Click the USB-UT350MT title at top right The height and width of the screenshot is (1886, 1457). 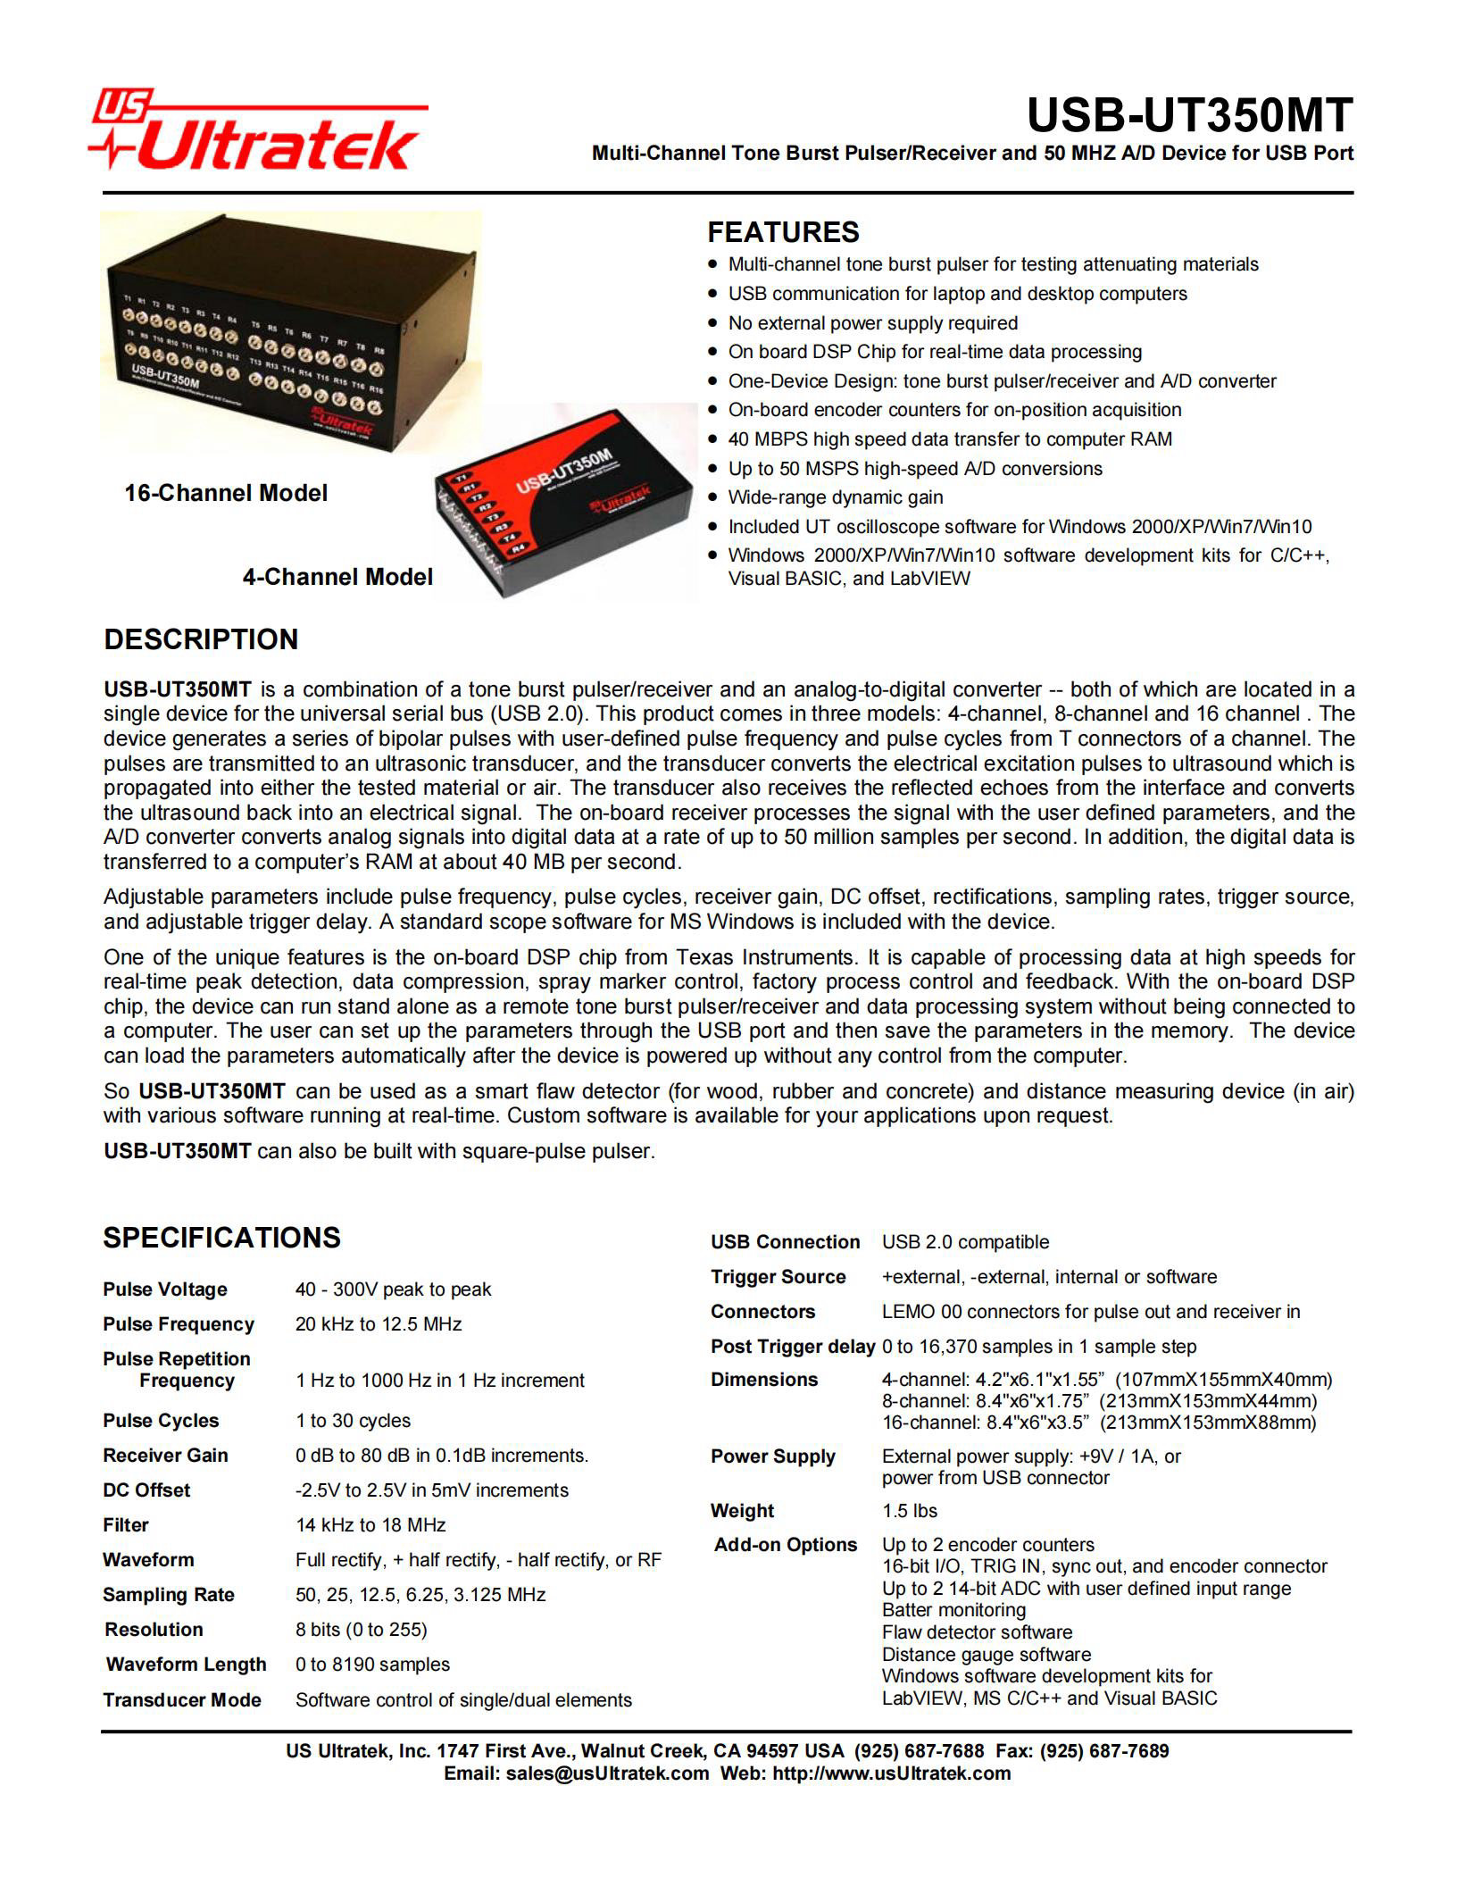tap(1190, 115)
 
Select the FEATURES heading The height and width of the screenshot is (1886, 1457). tap(783, 232)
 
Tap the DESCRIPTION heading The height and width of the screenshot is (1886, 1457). tap(201, 639)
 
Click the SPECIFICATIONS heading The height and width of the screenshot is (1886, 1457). tap(221, 1238)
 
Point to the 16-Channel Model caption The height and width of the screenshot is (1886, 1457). tap(226, 493)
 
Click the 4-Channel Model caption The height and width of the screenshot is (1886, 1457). tap(337, 577)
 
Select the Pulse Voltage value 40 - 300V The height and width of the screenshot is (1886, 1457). tap(393, 1289)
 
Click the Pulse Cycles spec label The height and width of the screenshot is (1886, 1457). tap(161, 1421)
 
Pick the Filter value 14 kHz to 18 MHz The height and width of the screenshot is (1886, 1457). tap(370, 1525)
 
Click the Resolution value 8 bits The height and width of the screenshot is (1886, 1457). tap(361, 1630)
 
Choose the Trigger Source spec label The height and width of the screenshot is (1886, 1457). tap(778, 1277)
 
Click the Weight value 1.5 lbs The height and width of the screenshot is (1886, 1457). tap(909, 1511)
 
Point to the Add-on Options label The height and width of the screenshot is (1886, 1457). tap(785, 1545)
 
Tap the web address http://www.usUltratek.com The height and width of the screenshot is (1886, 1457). tap(891, 1773)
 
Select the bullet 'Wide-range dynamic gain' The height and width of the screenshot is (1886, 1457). tap(835, 497)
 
